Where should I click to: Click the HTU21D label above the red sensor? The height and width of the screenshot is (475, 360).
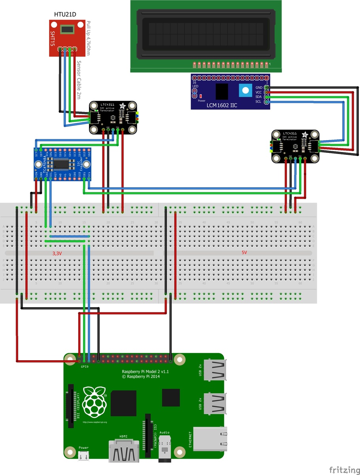pos(65,15)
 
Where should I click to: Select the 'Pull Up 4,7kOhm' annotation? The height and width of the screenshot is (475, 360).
pos(88,38)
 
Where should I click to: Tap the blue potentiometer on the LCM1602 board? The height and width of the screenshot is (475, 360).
pos(244,91)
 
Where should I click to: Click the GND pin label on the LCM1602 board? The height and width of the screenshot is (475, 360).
pos(259,87)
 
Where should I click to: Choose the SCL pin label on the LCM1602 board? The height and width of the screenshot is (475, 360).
pos(259,102)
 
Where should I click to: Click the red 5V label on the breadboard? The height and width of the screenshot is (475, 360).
pos(244,253)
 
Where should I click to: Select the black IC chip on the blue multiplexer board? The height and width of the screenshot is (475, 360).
pos(62,164)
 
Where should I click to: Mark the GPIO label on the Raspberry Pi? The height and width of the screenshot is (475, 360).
pos(85,367)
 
